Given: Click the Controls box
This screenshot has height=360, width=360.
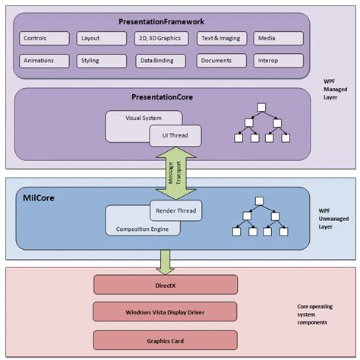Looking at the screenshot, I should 45,37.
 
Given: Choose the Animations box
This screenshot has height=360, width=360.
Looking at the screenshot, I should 45,58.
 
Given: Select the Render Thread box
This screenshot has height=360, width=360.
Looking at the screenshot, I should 175,210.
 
